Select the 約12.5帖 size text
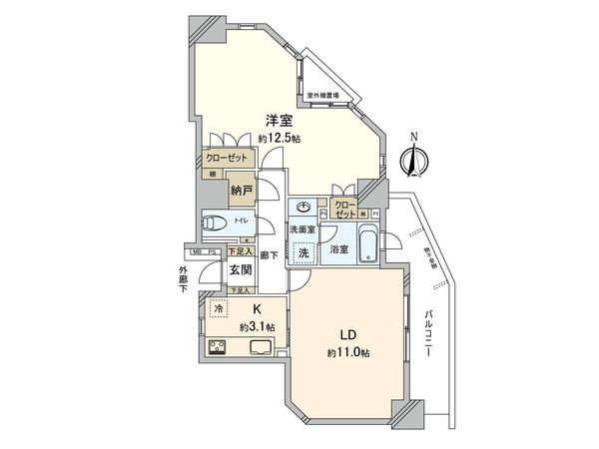[279, 137]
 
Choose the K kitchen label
[257, 309]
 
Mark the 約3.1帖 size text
[256, 325]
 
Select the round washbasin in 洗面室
[303, 210]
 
